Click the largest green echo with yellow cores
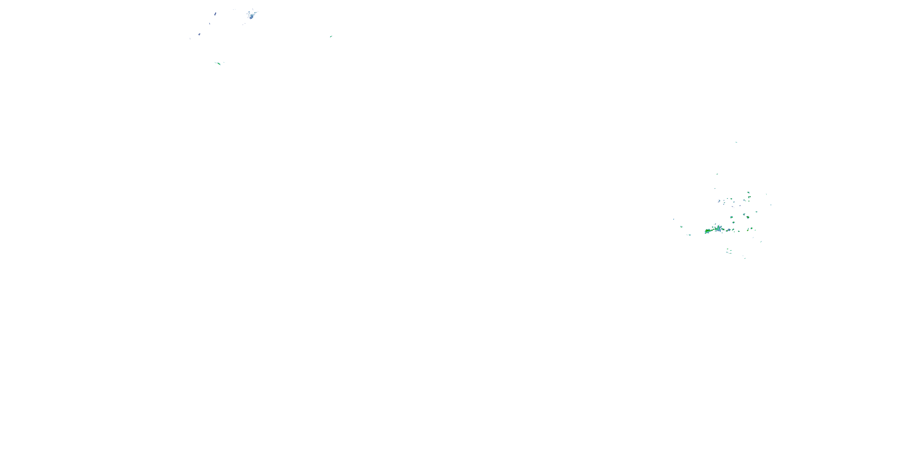point(707,231)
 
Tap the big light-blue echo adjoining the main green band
point(718,229)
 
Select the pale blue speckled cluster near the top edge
point(252,15)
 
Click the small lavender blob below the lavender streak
point(199,34)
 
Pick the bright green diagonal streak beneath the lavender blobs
point(218,63)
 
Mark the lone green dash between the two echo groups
point(331,36)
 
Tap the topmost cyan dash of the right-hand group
point(736,142)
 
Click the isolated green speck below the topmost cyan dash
point(717,174)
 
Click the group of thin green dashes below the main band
point(729,252)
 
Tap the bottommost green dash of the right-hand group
point(744,258)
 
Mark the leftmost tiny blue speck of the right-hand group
point(674,219)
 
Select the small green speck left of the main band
point(682,226)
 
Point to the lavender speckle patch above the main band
point(719,201)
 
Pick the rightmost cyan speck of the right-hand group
point(771,205)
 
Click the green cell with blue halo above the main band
point(733,222)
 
